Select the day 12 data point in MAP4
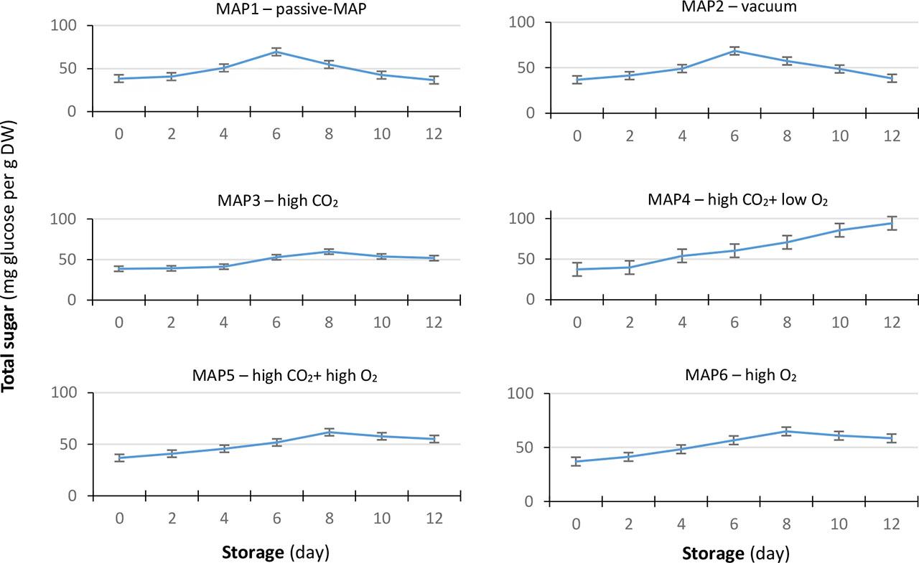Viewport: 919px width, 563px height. [x=891, y=223]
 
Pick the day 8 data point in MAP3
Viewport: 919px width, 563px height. [x=330, y=252]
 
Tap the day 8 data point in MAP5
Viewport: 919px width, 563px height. [x=330, y=432]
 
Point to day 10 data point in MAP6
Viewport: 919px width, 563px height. [x=839, y=435]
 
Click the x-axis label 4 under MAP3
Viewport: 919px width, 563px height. [x=224, y=322]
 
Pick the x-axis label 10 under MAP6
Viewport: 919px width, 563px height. [x=839, y=524]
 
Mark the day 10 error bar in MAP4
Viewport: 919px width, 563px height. [x=839, y=230]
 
